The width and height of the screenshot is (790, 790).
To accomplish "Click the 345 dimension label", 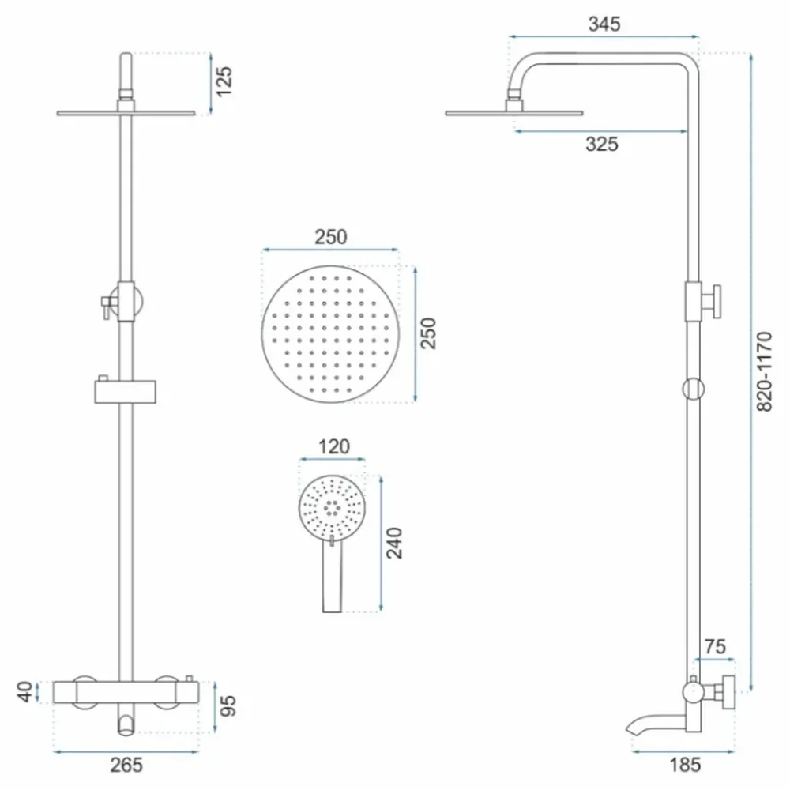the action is point(604,24).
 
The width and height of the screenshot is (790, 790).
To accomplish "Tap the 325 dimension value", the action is point(601,144).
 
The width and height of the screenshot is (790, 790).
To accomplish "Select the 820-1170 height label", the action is point(764,372).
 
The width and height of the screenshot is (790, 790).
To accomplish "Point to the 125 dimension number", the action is point(224,81).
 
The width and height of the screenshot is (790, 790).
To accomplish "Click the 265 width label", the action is point(126,765).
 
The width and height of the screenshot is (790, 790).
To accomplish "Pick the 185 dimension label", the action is point(685,765).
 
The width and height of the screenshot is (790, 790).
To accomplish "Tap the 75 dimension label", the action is point(715,646).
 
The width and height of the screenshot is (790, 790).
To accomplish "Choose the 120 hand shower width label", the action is point(333,446).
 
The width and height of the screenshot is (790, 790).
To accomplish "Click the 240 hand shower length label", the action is point(394,543).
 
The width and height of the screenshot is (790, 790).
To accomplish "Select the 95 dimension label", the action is point(228,705).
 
